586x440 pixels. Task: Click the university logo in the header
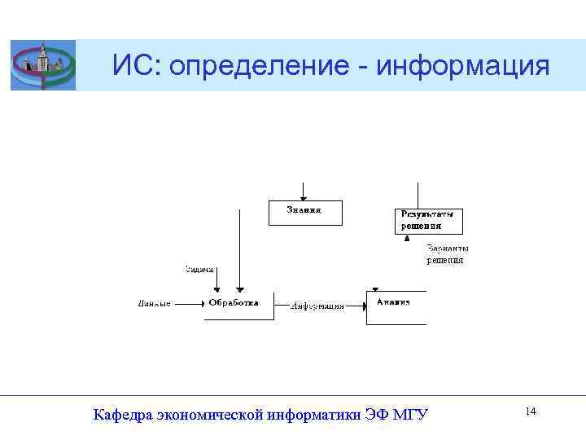click(x=42, y=65)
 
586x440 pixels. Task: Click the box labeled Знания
click(x=305, y=212)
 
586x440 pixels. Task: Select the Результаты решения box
click(x=428, y=221)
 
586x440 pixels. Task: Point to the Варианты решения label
click(x=447, y=254)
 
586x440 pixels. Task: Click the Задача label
click(x=199, y=269)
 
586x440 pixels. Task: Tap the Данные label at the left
click(x=154, y=304)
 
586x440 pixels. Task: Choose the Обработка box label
click(x=234, y=302)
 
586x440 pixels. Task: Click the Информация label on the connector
click(x=317, y=306)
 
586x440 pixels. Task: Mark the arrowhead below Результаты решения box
click(x=407, y=239)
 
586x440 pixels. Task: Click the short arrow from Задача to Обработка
click(x=216, y=281)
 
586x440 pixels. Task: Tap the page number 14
click(x=531, y=411)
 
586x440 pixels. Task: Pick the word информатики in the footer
click(x=312, y=415)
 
